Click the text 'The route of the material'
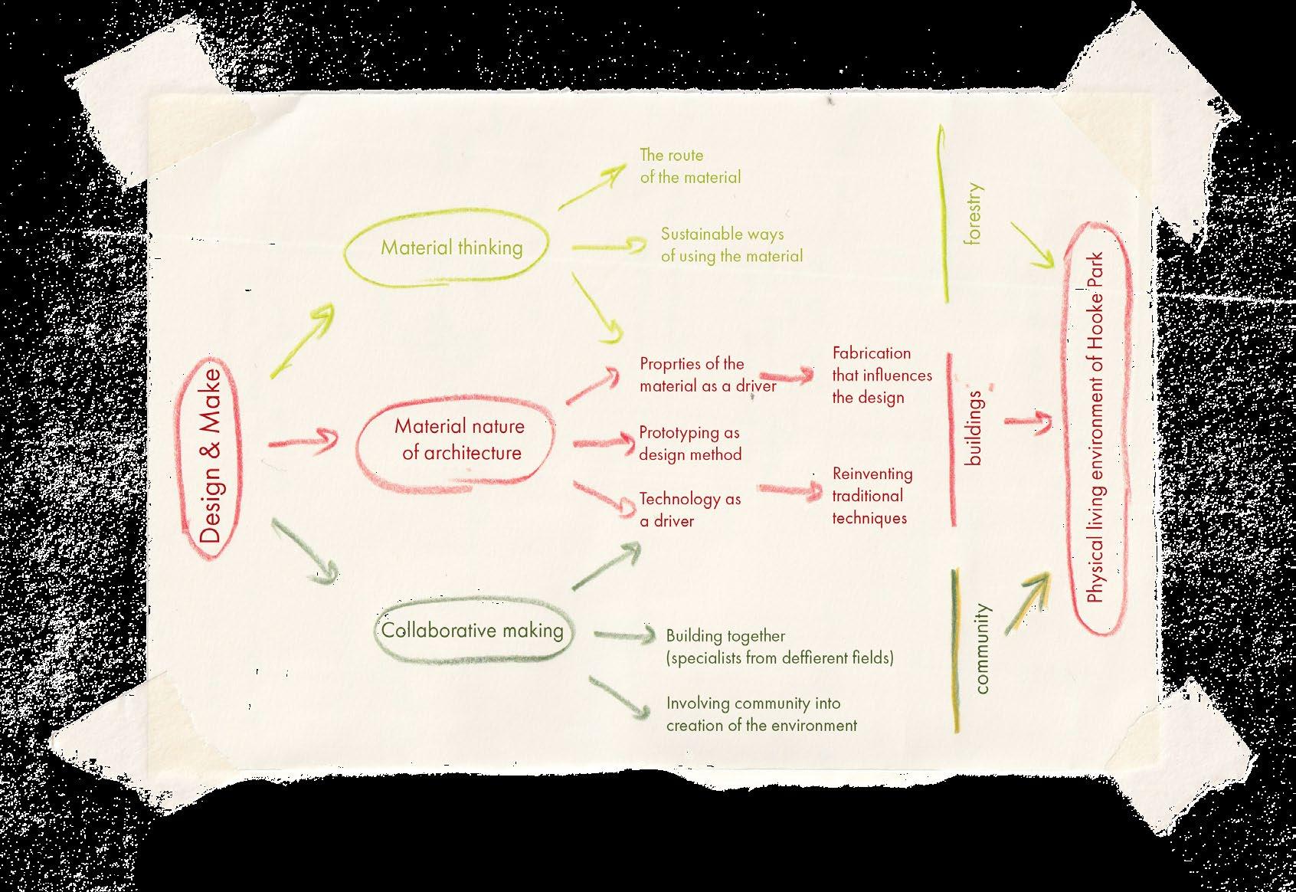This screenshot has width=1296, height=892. (x=690, y=166)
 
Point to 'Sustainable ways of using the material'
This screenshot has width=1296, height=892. (x=732, y=245)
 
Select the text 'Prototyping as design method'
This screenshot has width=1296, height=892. (x=689, y=444)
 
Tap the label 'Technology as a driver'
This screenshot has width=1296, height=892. (x=689, y=510)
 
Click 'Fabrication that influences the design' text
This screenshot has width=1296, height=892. (x=882, y=375)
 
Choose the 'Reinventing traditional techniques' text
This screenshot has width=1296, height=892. (x=872, y=496)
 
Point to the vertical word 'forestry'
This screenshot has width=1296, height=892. (x=974, y=214)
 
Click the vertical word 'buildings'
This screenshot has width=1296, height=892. (x=974, y=428)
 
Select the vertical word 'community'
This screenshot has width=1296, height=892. (x=982, y=648)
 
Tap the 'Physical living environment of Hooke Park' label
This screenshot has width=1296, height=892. (x=1095, y=427)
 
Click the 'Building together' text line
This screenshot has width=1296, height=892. (x=725, y=635)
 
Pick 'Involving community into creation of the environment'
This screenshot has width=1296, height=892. (x=761, y=714)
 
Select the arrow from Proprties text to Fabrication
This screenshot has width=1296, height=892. (x=787, y=376)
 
